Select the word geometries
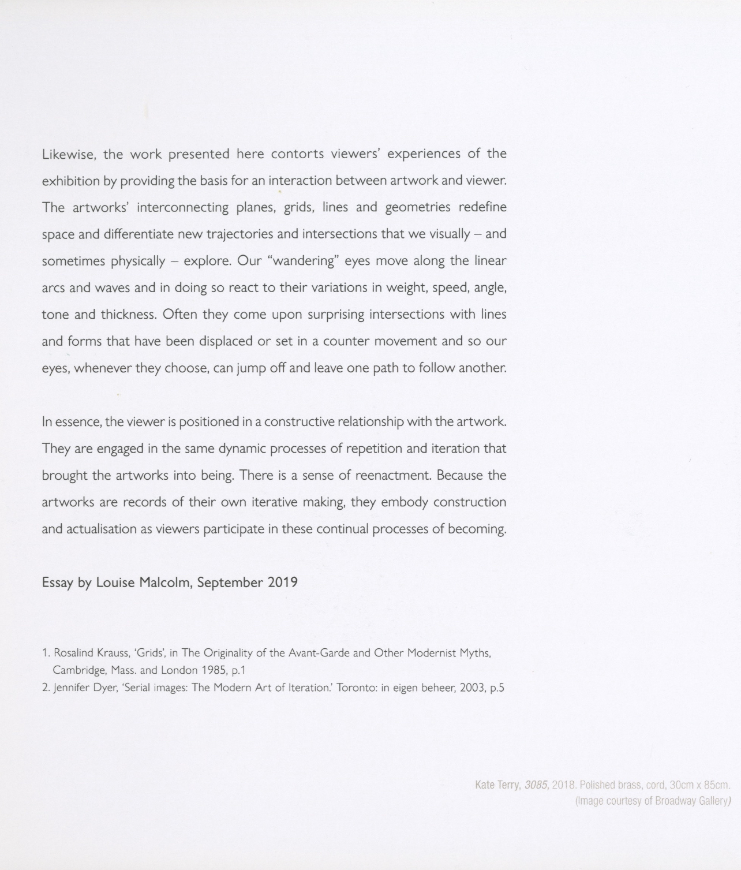click(417, 207)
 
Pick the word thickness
click(128, 315)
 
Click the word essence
click(77, 422)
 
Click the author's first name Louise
click(115, 583)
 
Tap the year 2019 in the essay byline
click(282, 583)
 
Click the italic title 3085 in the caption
click(536, 785)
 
